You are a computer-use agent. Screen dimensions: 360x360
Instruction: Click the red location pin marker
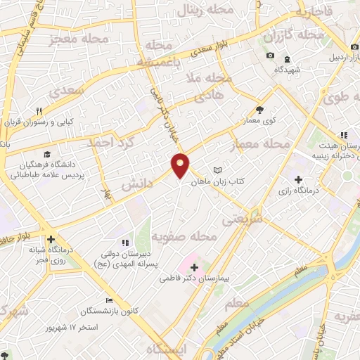click(181, 165)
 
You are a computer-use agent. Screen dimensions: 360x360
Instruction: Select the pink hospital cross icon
click(195, 267)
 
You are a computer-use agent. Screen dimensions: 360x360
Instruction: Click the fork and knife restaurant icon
click(40, 110)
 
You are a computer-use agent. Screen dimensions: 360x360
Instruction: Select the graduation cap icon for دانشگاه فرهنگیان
click(46, 154)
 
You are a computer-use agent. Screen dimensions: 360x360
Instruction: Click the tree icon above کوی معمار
click(259, 110)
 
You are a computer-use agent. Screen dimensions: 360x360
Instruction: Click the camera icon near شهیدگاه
click(270, 56)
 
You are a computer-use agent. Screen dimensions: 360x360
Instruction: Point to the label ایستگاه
click(167, 349)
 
